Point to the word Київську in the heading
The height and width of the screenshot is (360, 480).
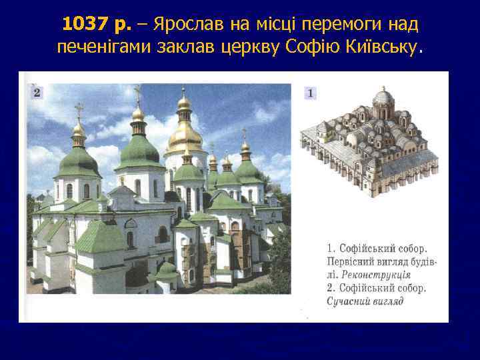tap(385, 47)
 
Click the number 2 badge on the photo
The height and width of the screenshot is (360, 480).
tap(36, 93)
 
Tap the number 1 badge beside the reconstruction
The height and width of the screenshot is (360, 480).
tap(310, 93)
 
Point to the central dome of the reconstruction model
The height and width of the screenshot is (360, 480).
tap(383, 99)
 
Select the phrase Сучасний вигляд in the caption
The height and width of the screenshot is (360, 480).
tap(365, 301)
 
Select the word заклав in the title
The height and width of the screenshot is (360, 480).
tap(193, 47)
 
